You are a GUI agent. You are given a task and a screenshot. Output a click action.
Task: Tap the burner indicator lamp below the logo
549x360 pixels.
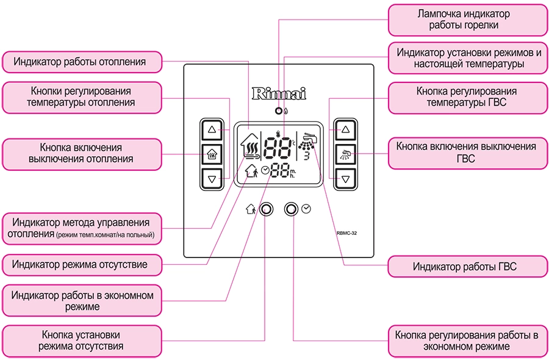click(279, 112)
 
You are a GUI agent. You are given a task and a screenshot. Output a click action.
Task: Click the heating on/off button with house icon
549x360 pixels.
click(212, 154)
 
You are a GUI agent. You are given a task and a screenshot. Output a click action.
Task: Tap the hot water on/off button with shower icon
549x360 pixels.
click(346, 154)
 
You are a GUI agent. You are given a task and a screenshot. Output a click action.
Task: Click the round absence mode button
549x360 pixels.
click(266, 209)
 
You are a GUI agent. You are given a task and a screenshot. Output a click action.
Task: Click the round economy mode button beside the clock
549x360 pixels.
click(292, 209)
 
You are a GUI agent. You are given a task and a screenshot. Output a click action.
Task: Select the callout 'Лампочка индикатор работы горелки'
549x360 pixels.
click(467, 19)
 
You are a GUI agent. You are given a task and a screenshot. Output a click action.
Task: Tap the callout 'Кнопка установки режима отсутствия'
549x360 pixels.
click(81, 340)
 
